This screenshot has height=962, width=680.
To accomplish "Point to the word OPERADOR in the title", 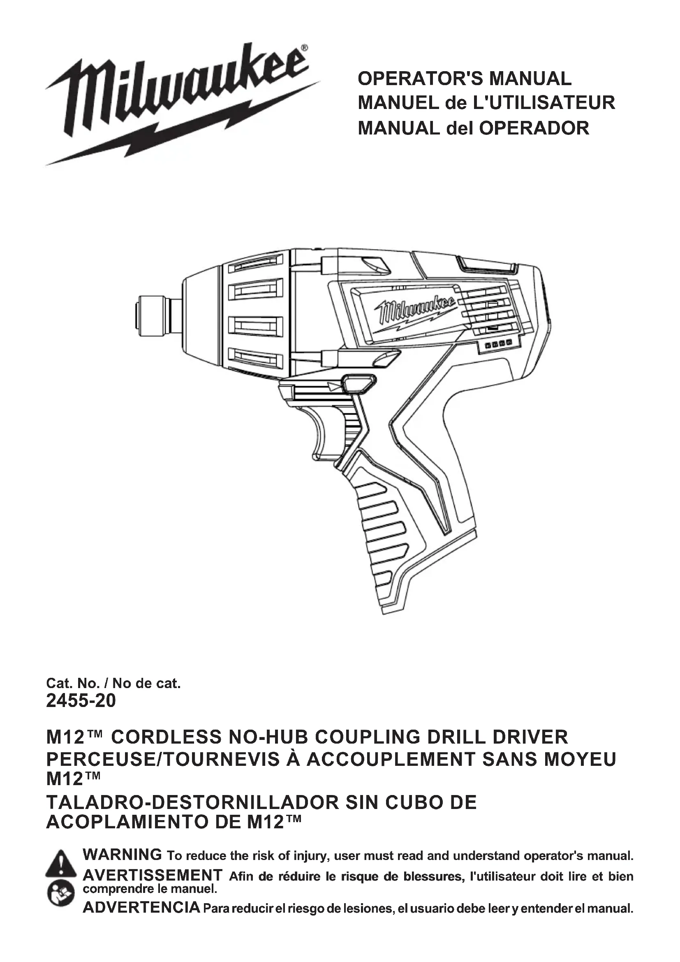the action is tap(534, 128).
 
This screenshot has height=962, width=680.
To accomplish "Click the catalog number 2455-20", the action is tap(81, 700).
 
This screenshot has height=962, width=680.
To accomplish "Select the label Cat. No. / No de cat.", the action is tap(113, 684).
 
